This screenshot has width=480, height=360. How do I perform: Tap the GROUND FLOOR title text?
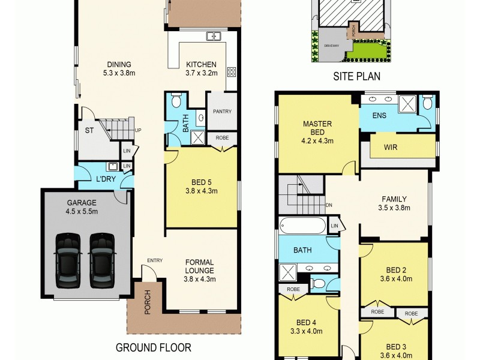153,347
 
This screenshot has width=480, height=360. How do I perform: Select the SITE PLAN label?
357,77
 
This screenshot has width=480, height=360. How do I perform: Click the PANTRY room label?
221,112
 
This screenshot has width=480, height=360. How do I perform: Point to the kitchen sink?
214,37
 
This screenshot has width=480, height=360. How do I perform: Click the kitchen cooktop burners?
231,73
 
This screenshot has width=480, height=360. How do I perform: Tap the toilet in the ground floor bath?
176,100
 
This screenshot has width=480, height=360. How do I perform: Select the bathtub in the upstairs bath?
302,226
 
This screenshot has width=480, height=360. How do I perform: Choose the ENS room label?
379,116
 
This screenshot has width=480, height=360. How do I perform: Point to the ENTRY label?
155,260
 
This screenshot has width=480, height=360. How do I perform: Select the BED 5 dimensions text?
202,192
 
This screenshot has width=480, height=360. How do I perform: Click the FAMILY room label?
394,199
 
